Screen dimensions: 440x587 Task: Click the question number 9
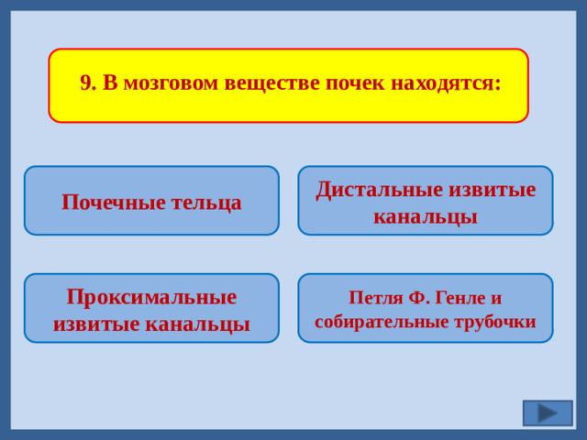click(x=87, y=83)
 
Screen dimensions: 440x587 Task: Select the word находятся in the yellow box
click(x=446, y=83)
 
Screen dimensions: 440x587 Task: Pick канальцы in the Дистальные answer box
click(x=426, y=216)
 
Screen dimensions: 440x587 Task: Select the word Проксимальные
click(x=151, y=297)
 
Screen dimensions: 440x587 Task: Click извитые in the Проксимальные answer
click(x=99, y=324)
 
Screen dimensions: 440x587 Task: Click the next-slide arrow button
click(x=548, y=413)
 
